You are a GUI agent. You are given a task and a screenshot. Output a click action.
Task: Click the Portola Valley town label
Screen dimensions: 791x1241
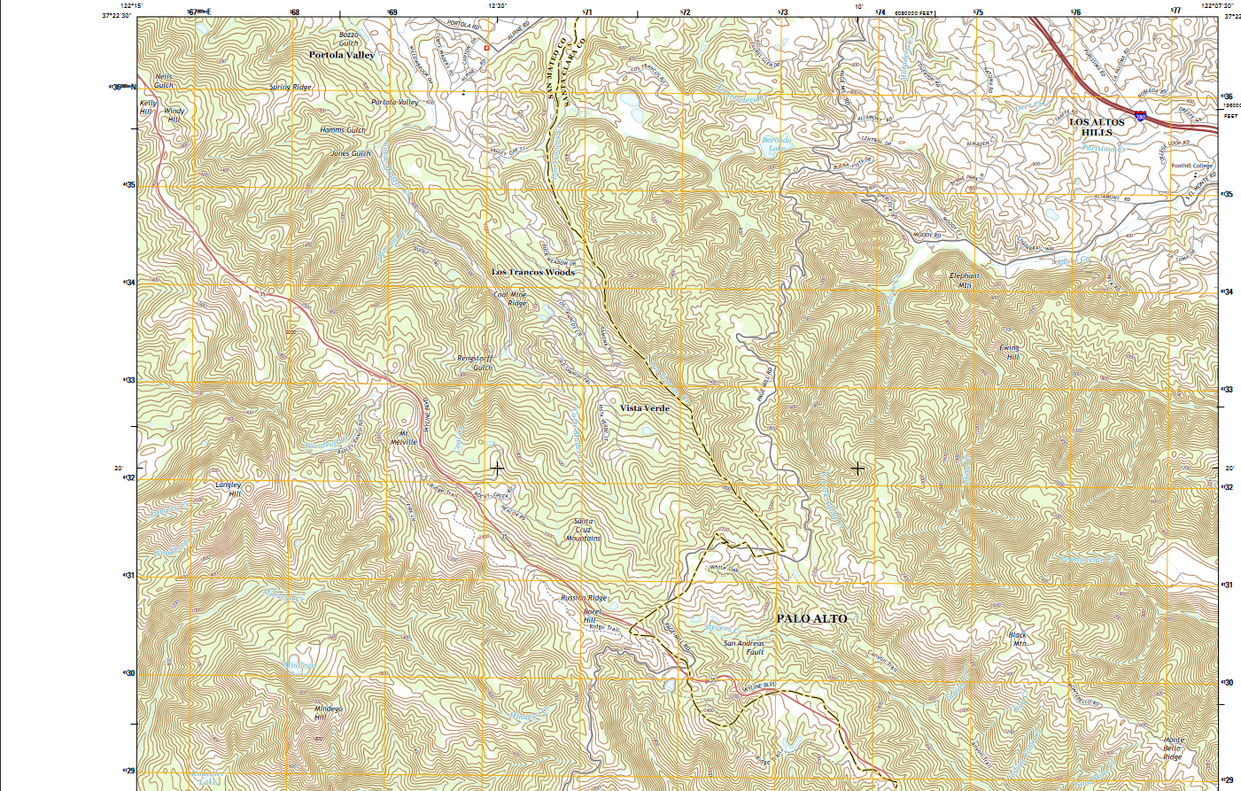click(342, 55)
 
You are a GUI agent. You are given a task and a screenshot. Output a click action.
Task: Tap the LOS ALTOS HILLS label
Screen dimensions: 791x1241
click(1097, 128)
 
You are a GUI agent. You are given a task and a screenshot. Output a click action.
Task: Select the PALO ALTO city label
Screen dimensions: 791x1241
click(811, 618)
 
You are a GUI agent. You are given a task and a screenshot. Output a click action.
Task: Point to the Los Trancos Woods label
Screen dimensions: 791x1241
click(533, 272)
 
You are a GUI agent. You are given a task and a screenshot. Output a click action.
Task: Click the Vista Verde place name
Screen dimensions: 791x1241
click(644, 408)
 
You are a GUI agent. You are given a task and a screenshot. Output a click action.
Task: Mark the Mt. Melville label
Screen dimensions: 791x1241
click(404, 438)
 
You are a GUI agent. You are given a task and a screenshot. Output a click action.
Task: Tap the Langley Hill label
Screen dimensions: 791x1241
click(229, 489)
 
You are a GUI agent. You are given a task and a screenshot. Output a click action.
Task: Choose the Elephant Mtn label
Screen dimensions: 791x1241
click(965, 281)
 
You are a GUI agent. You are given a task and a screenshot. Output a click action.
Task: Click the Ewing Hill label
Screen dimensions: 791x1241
click(1010, 353)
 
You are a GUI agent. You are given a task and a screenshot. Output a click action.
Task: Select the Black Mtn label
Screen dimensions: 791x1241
click(1019, 640)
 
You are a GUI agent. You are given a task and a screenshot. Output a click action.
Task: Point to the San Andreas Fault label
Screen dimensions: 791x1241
click(743, 648)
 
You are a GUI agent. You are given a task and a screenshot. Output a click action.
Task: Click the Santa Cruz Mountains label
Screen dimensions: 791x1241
click(583, 530)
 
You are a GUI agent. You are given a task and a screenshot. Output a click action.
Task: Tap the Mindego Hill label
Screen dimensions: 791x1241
click(327, 712)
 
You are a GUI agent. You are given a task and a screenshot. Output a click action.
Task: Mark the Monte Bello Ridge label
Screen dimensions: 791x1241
click(1172, 748)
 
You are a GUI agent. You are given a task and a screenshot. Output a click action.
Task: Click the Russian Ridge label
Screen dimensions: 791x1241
click(584, 598)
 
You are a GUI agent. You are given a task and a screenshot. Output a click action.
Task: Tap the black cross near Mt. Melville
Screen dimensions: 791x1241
click(497, 469)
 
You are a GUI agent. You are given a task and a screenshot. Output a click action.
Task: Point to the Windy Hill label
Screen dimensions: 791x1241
click(175, 115)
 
